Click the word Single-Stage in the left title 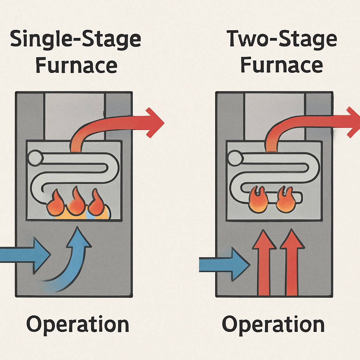pyautogui.click(x=75, y=39)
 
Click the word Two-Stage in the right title pyautogui.click(x=282, y=39)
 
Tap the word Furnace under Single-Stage pyautogui.click(x=76, y=65)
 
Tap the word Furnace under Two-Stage pyautogui.click(x=282, y=65)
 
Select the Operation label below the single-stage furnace pyautogui.click(x=78, y=324)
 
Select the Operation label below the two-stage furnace pyautogui.click(x=273, y=324)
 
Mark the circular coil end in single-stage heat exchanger pyautogui.click(x=36, y=157)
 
